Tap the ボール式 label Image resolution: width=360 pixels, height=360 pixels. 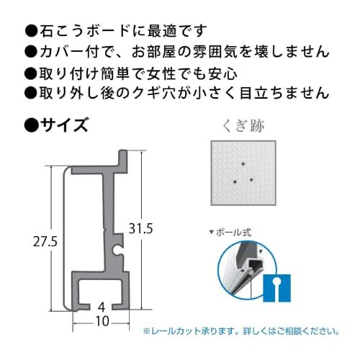click(238, 233)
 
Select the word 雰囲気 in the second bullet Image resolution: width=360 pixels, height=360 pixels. click(209, 51)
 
